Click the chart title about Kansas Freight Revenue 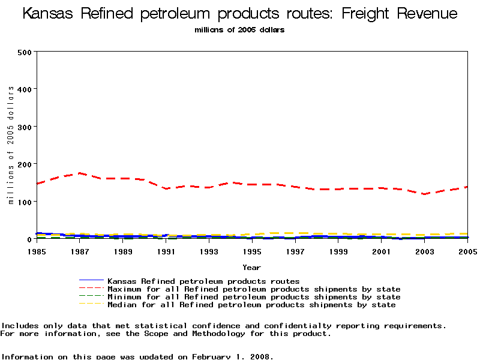[x=240, y=14]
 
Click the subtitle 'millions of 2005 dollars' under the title [x=239, y=29]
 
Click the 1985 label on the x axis [x=37, y=251]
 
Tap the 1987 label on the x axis [x=80, y=251]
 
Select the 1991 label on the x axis [x=166, y=251]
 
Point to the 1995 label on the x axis [x=252, y=251]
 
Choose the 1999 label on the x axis [x=338, y=251]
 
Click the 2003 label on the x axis [x=425, y=251]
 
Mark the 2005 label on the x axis [x=467, y=251]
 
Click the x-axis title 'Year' [x=251, y=267]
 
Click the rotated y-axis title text [x=11, y=145]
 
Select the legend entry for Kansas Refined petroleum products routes [x=203, y=281]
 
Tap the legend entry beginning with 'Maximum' [x=253, y=289]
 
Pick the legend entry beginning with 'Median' [x=251, y=305]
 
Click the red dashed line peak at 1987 [x=80, y=173]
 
